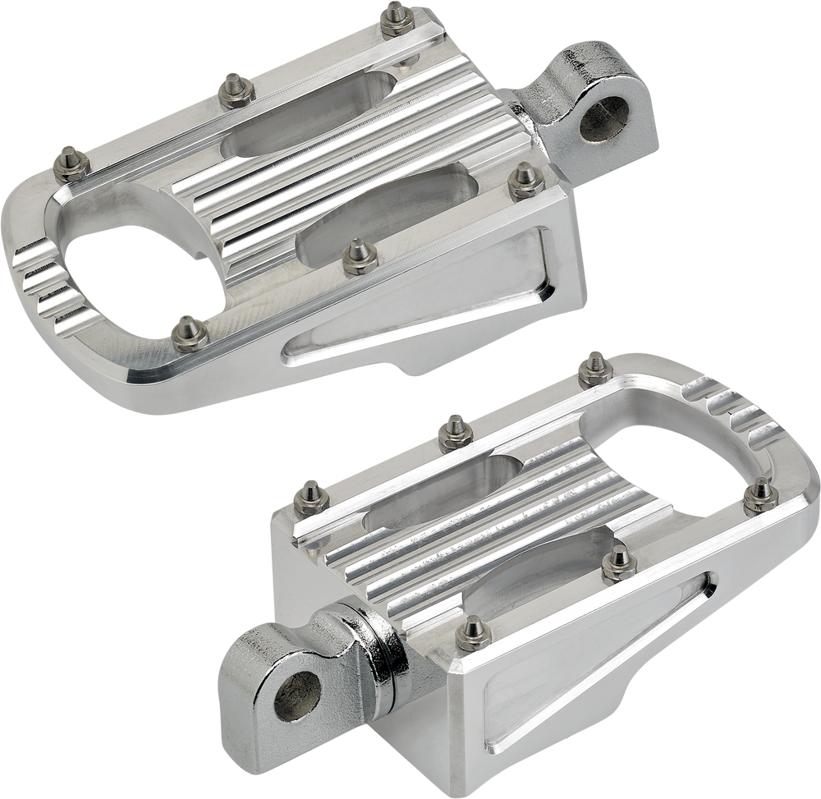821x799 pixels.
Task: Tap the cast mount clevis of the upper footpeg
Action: (x=575, y=99)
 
